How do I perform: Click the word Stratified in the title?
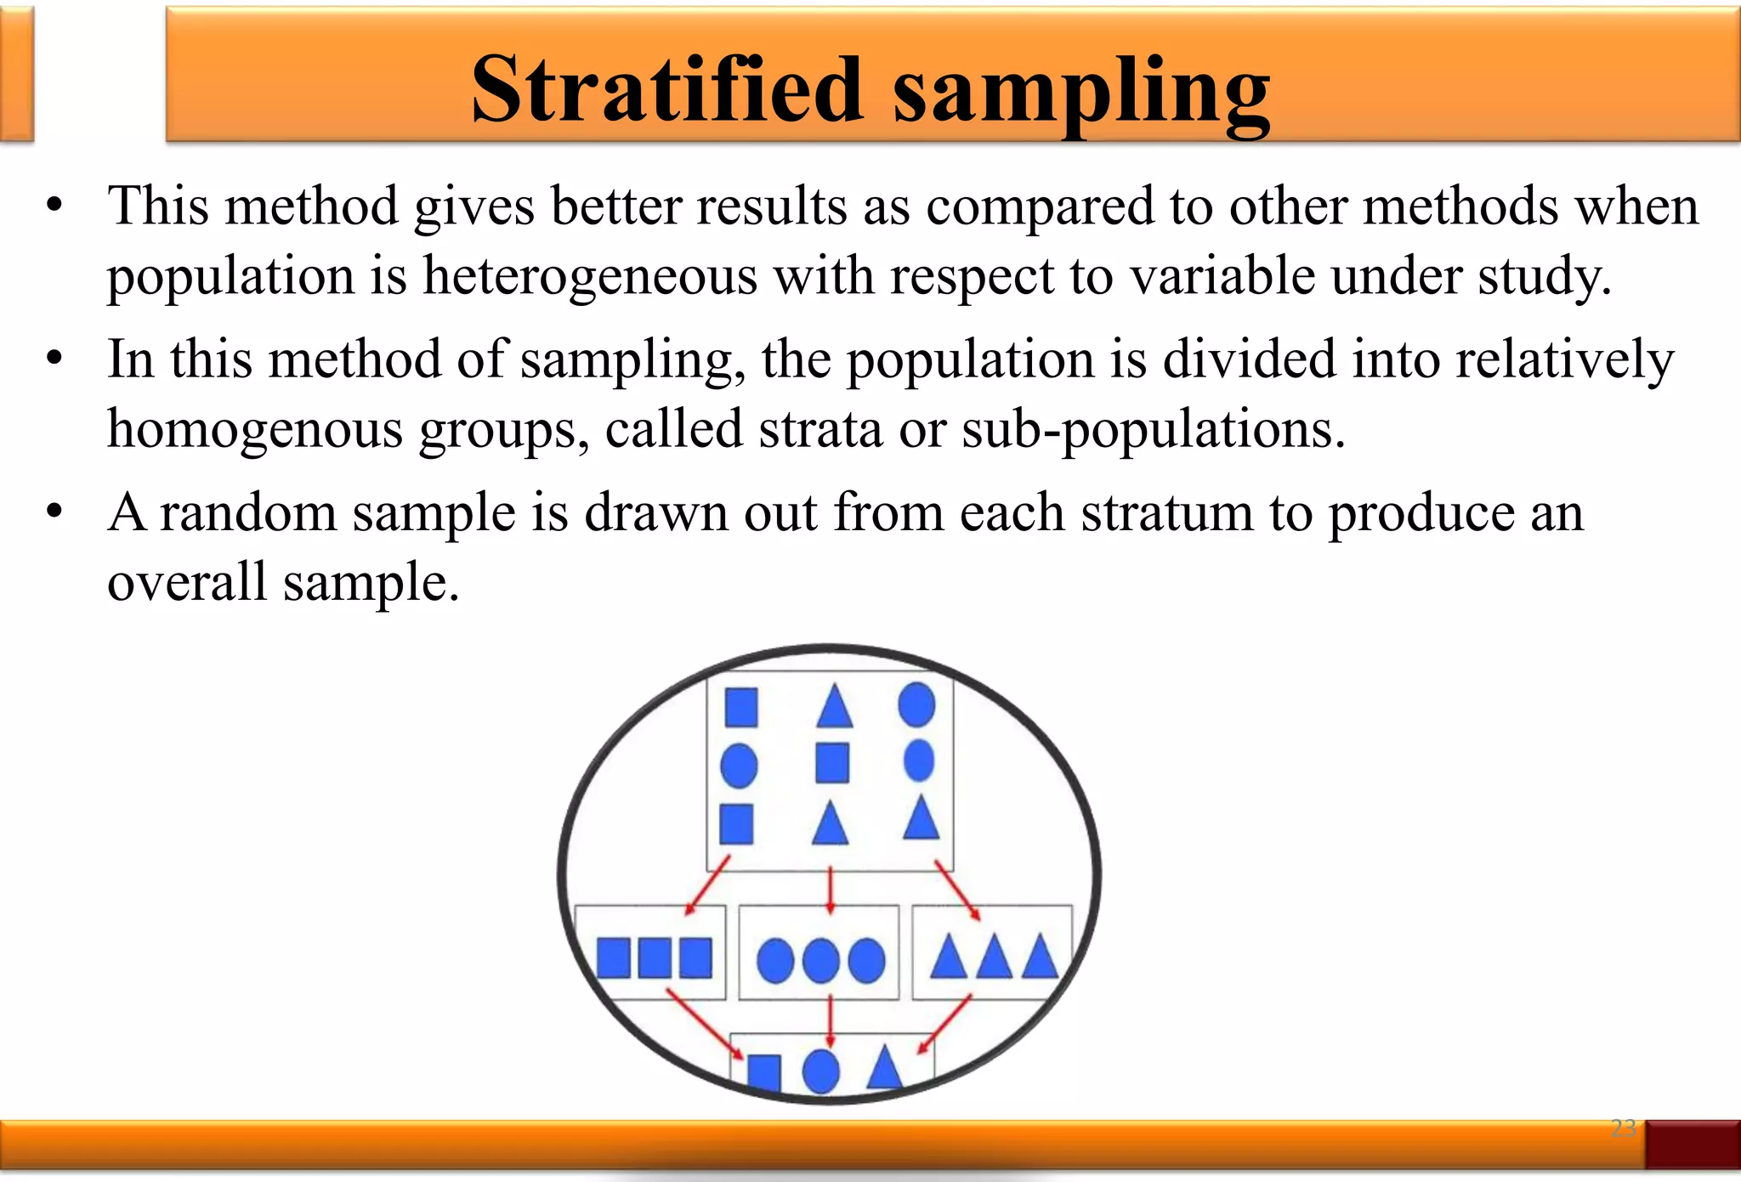click(x=666, y=89)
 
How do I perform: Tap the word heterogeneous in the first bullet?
click(x=590, y=276)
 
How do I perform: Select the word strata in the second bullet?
click(x=820, y=428)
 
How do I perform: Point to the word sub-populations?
click(x=1154, y=430)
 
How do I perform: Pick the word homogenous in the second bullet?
click(x=255, y=430)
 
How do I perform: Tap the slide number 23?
click(x=1623, y=1128)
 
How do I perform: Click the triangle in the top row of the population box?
click(x=834, y=706)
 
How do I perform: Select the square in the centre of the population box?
click(x=832, y=762)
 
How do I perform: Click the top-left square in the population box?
click(x=741, y=707)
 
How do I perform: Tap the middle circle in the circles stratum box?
click(x=821, y=961)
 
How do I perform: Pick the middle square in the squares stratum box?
click(x=655, y=959)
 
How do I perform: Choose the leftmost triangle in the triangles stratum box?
click(x=949, y=959)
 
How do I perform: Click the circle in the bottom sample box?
click(x=820, y=1071)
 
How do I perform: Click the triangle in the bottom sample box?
click(x=884, y=1068)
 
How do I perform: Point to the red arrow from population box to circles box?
click(x=831, y=891)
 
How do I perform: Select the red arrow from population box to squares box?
click(x=707, y=885)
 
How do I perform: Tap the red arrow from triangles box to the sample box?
click(x=944, y=1024)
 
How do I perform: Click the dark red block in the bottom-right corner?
click(x=1692, y=1144)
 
